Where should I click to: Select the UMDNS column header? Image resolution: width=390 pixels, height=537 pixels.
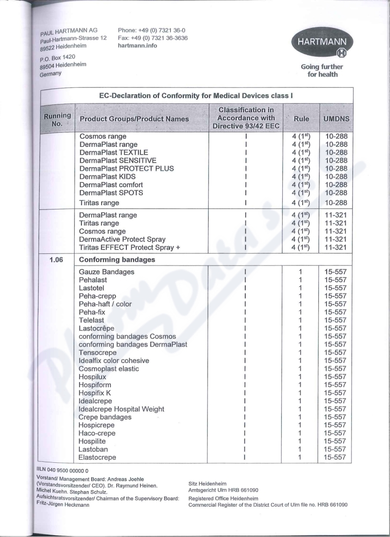pos(336,119)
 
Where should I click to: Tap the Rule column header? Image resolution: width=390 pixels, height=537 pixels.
pos(301,119)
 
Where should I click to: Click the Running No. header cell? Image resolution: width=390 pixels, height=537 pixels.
pos(57,119)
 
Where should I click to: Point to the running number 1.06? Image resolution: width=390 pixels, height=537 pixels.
pos(58,260)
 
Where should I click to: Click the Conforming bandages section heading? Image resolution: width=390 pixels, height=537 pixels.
pos(117,260)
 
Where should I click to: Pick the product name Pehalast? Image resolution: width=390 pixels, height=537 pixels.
pos(93,280)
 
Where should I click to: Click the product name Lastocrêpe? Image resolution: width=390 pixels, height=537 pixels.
pos(97,329)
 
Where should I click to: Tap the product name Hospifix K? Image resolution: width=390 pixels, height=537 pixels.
pos(95,393)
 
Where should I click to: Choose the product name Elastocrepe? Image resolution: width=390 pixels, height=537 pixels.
pos(97,457)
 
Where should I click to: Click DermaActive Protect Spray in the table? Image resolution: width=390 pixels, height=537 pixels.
pos(122,239)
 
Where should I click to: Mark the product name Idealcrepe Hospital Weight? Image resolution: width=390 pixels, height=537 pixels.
pos(121,409)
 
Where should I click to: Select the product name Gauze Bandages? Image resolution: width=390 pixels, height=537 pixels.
pos(106,272)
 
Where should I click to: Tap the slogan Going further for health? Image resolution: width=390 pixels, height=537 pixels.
pos(322,70)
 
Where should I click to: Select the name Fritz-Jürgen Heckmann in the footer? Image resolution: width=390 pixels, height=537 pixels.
pos(62,505)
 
